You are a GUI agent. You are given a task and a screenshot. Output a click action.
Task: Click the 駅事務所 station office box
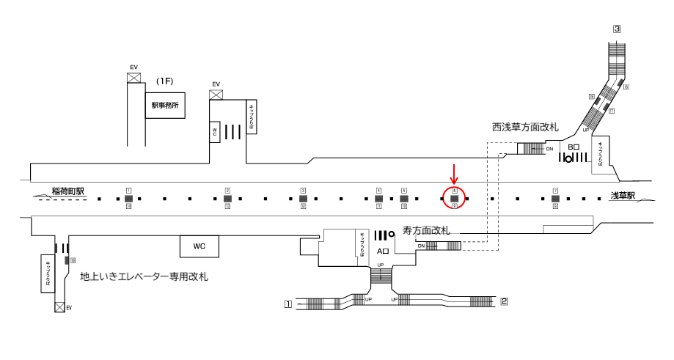(x=164, y=106)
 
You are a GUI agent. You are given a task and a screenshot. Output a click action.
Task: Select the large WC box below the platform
(x=199, y=246)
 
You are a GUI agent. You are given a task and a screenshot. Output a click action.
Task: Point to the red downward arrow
(x=454, y=175)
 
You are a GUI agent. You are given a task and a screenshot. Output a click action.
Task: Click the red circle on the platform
(x=455, y=197)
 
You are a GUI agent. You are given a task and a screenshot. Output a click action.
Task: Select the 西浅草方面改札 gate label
(x=524, y=128)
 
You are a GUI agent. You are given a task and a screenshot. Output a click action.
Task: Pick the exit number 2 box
(x=504, y=301)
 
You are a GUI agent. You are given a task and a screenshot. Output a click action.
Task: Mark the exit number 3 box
(x=617, y=29)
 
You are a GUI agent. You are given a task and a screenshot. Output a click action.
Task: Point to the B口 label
(x=574, y=147)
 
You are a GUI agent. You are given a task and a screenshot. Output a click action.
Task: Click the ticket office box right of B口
(x=601, y=155)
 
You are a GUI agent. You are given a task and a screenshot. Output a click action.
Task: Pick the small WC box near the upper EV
(x=215, y=131)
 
